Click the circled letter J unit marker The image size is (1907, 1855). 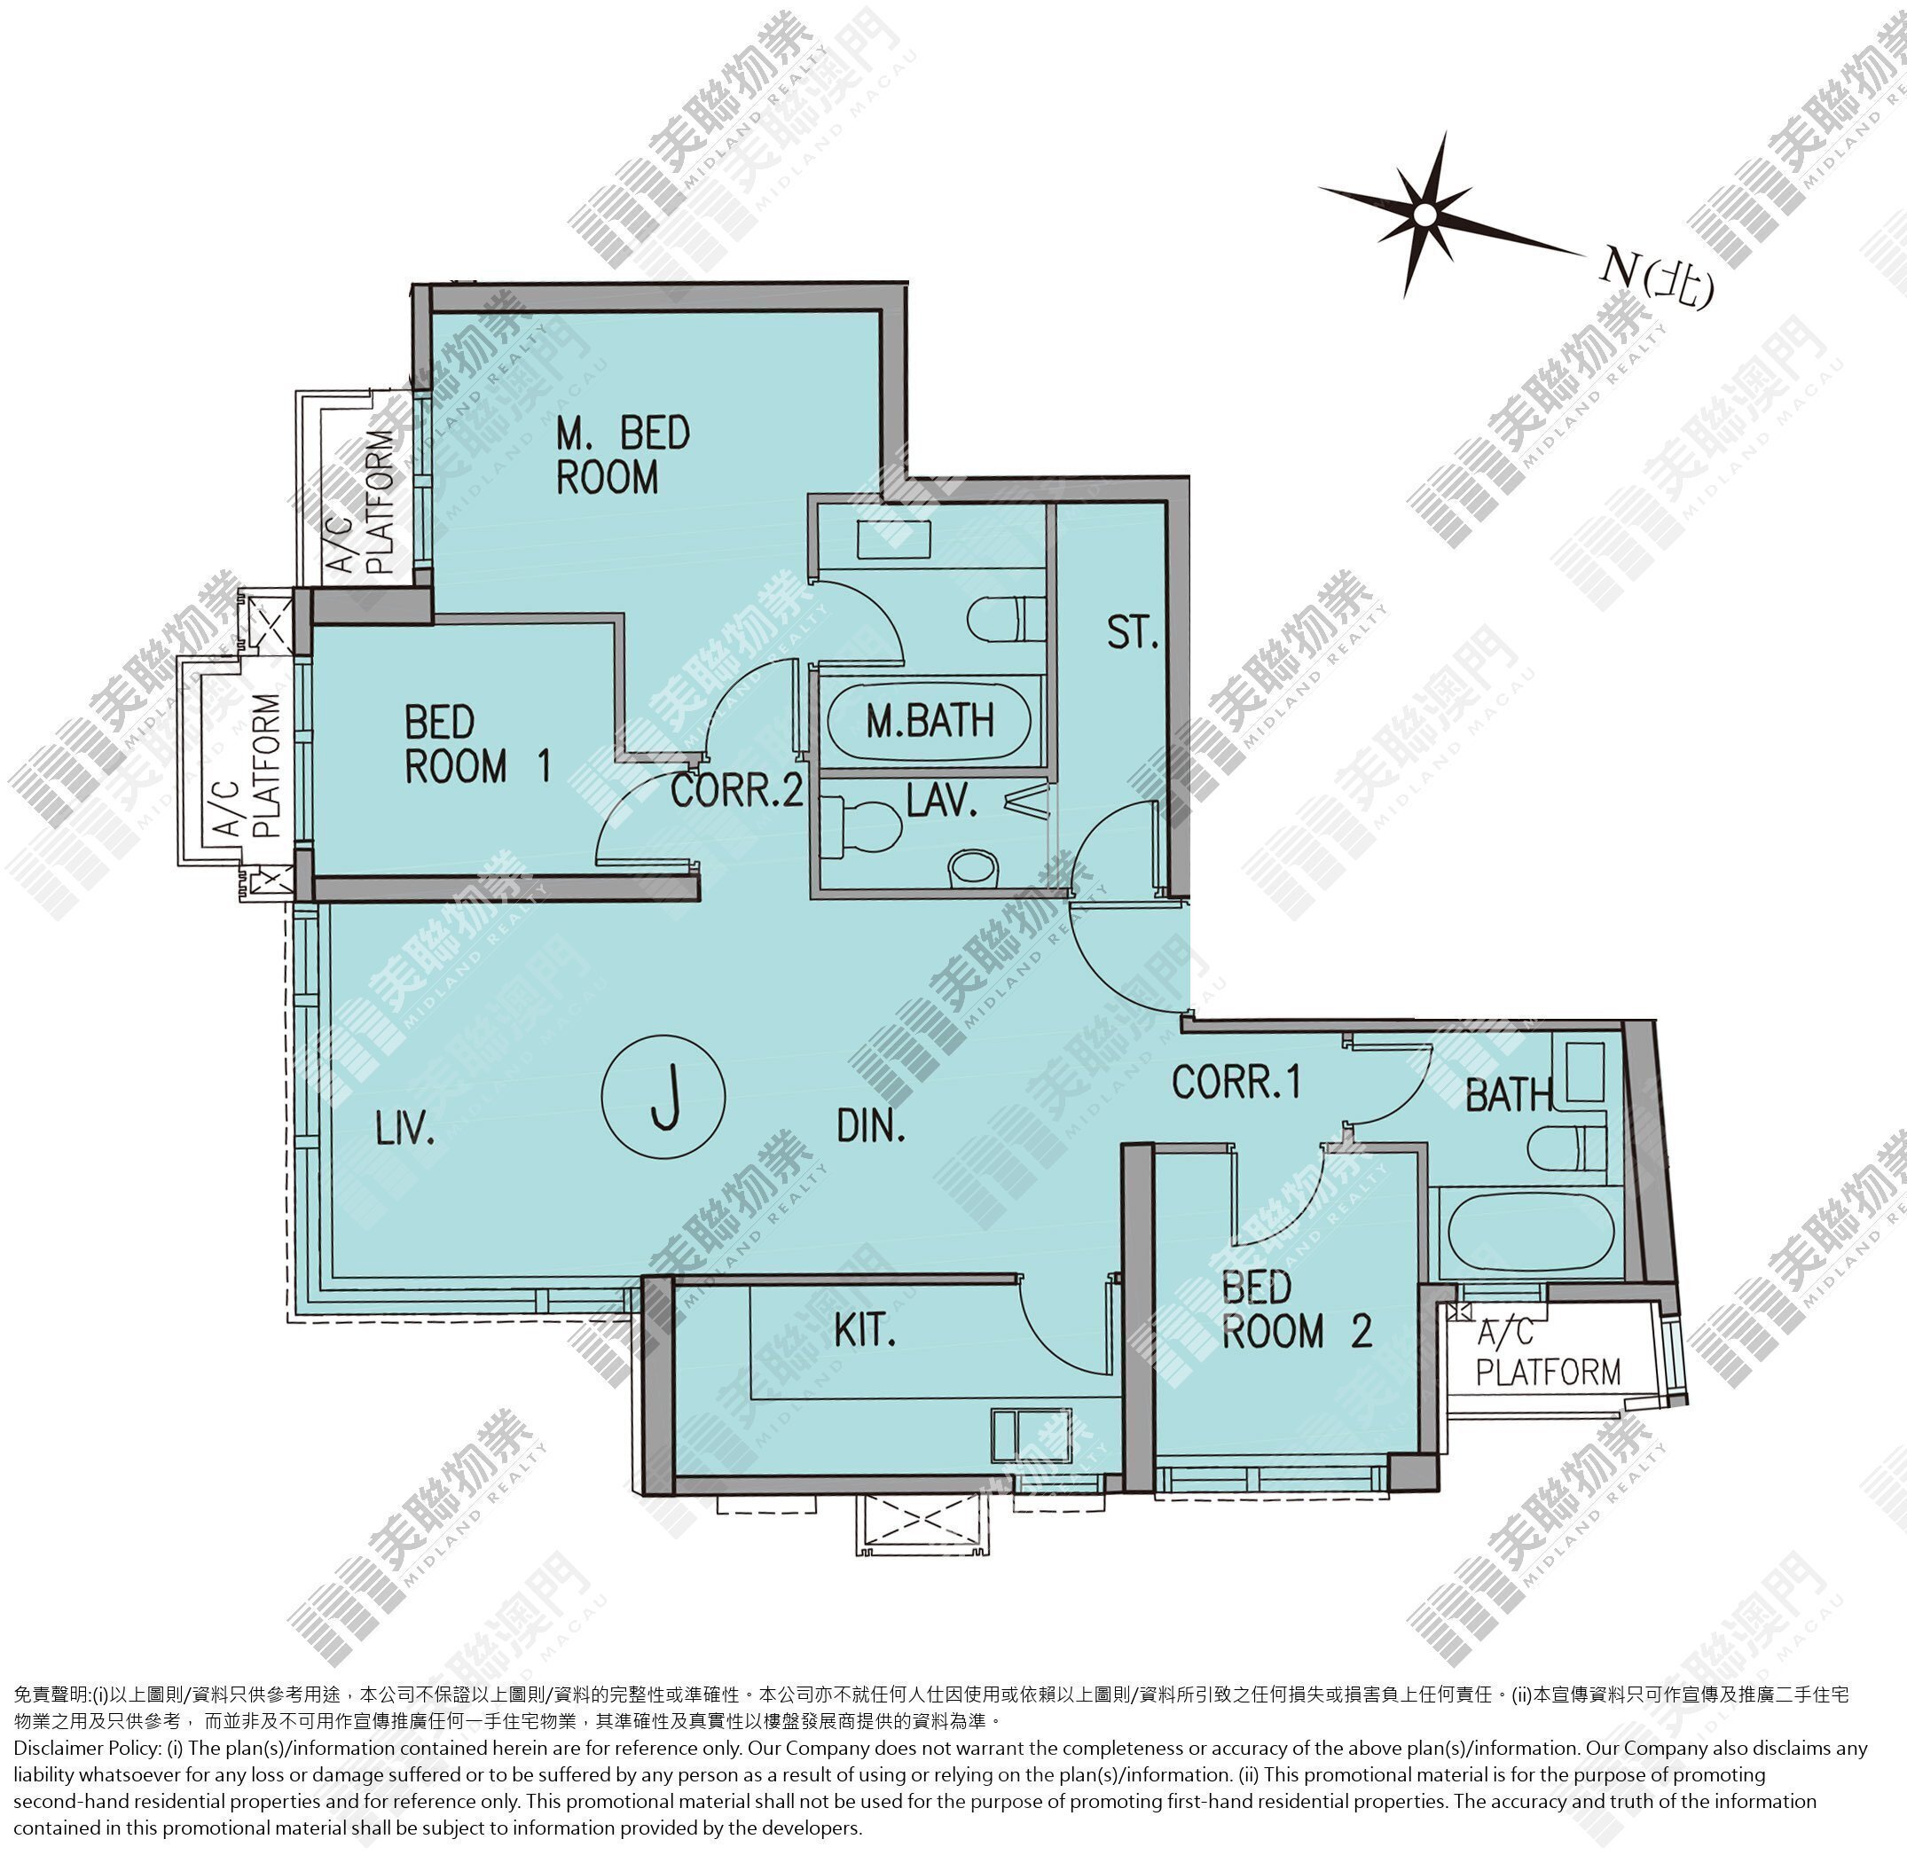pos(663,1097)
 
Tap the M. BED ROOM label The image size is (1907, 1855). pos(623,455)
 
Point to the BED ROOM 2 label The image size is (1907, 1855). pos(1297,1311)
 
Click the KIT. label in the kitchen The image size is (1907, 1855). pos(864,1331)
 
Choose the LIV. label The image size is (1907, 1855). pos(404,1129)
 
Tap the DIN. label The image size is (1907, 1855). pos(871,1126)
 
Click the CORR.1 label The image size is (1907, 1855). pos(1236,1082)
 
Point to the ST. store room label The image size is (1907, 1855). pos(1133,633)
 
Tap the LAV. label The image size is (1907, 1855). pos(941,800)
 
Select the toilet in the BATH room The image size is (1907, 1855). pos(1567,1147)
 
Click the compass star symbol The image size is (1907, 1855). pos(1424,214)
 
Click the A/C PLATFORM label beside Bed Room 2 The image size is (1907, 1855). pos(1548,1354)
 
